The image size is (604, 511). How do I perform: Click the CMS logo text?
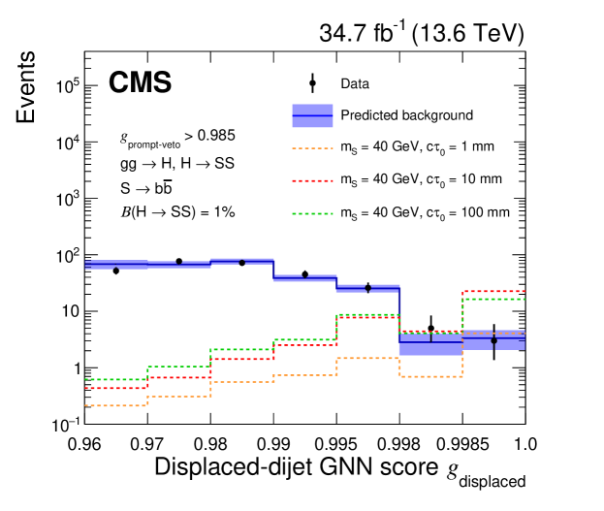[140, 83]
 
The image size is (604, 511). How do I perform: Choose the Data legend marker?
[312, 84]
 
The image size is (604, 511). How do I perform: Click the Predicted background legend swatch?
[312, 115]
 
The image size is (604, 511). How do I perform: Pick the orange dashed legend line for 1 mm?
[312, 147]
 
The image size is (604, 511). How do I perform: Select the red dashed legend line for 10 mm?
[312, 179]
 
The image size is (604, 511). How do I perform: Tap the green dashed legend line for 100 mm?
[312, 211]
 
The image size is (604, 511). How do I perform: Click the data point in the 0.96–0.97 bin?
[116, 271]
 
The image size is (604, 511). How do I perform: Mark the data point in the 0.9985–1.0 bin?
[493, 340]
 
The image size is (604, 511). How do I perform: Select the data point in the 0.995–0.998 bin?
[368, 288]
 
